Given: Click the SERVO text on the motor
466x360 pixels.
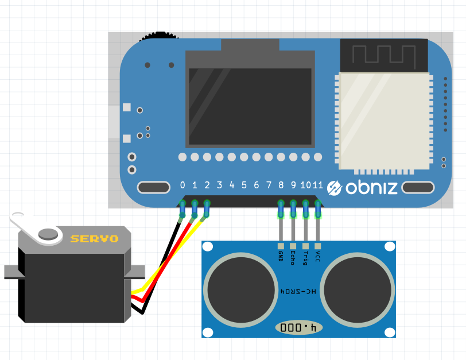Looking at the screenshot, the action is [94, 239].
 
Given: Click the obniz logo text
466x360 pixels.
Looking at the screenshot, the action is [371, 188].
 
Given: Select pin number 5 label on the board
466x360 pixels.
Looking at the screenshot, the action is [244, 185].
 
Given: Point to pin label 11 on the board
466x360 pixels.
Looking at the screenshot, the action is [318, 185].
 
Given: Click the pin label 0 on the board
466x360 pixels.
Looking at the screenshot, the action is [182, 185].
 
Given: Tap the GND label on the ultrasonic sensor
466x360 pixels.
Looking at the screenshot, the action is [281, 256].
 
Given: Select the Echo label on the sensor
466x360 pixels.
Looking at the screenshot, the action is [293, 258].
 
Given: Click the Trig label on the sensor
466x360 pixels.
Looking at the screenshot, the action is [305, 258].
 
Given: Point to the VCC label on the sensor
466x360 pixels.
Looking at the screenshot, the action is [318, 256].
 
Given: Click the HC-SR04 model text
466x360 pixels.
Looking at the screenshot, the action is [298, 291].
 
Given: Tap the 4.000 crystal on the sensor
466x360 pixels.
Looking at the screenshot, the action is [298, 328].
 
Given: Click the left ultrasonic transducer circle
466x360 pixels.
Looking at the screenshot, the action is [240, 290].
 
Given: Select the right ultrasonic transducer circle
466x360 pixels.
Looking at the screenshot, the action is [357, 290].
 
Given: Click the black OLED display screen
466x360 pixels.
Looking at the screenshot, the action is [250, 106].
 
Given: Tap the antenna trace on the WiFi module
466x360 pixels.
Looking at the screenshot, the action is [384, 54].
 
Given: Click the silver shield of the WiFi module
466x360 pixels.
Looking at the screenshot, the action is [384, 121].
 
